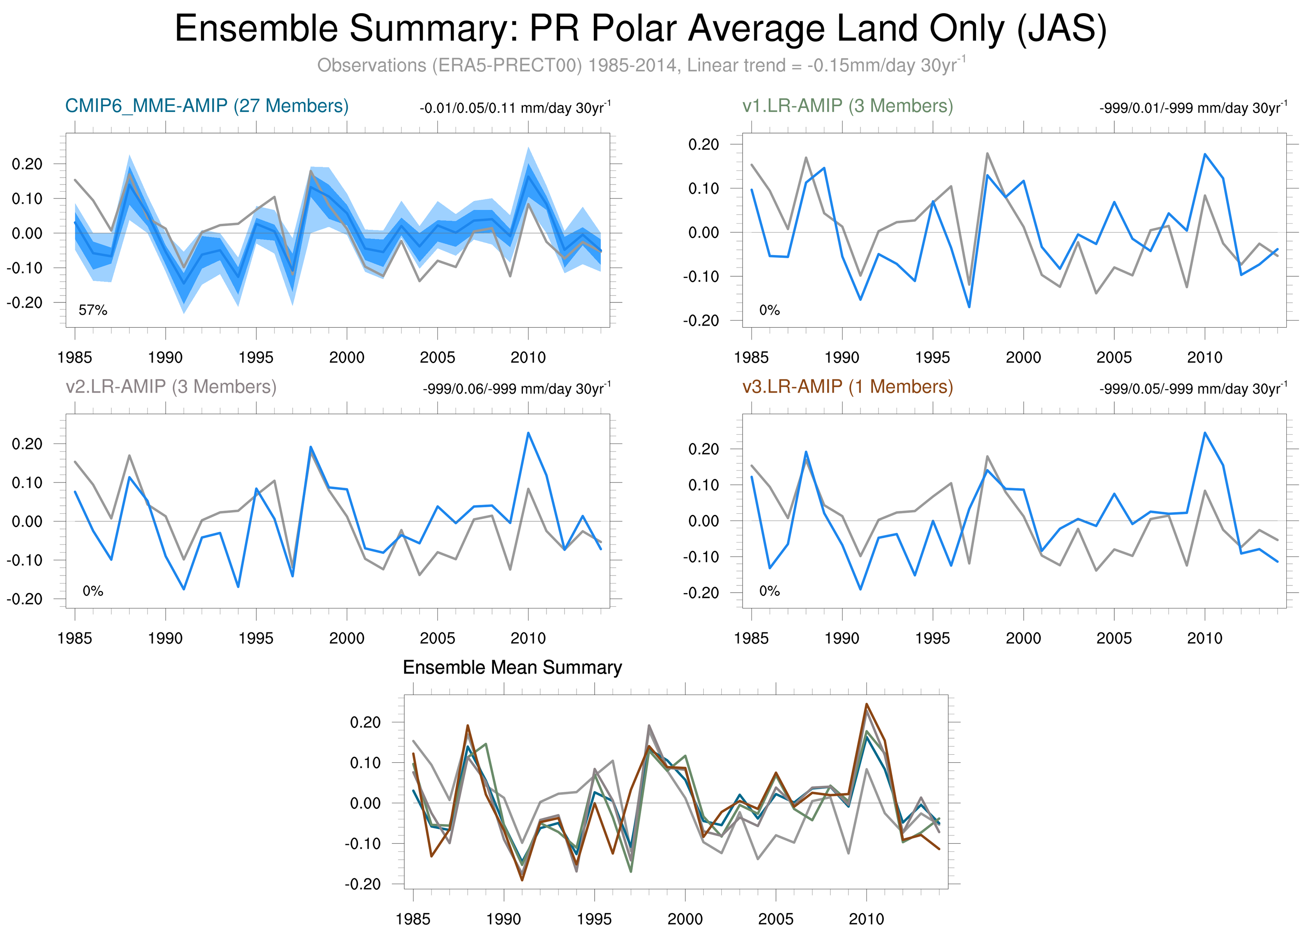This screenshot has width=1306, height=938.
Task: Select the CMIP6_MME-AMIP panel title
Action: click(x=207, y=106)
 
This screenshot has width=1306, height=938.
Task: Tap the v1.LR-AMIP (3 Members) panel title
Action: click(x=847, y=106)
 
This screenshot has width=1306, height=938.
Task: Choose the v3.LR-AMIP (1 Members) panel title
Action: click(x=847, y=386)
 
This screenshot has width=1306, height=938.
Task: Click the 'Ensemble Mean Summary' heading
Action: click(x=512, y=667)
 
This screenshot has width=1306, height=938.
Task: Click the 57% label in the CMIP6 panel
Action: click(x=93, y=310)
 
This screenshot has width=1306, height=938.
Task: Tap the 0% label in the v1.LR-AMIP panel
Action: click(x=769, y=310)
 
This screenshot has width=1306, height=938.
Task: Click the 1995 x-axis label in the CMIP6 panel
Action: click(x=256, y=358)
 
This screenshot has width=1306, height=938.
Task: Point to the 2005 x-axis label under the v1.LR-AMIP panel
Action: click(x=1114, y=358)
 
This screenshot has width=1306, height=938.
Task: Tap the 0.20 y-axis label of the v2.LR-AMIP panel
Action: click(x=27, y=444)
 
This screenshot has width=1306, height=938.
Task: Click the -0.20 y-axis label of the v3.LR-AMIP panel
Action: click(x=701, y=593)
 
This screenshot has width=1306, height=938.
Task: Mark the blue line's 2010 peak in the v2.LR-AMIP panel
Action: click(x=528, y=433)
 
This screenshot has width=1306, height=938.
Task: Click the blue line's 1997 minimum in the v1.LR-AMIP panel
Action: click(x=969, y=307)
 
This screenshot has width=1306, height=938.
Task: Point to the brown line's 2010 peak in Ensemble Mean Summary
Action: click(x=867, y=704)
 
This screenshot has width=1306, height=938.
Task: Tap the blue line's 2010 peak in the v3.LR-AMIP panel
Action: click(x=1205, y=433)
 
